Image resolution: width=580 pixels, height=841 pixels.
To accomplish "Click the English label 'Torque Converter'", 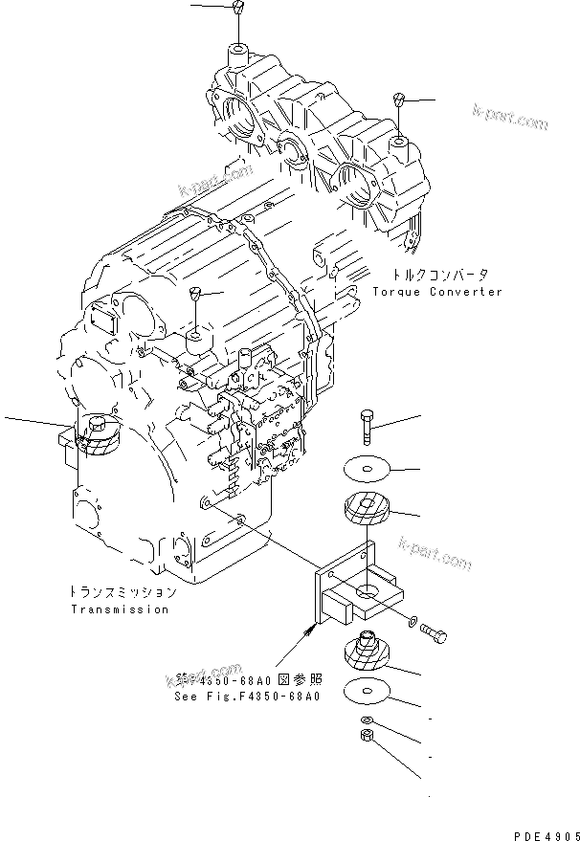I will click(x=437, y=291).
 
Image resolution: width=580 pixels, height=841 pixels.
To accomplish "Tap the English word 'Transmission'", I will click(x=119, y=609).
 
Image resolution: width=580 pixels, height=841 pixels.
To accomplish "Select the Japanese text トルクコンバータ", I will click(x=434, y=273).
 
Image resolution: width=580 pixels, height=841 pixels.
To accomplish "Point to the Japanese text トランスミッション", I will click(x=123, y=592).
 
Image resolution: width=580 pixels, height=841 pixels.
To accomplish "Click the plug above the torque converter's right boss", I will click(x=401, y=100).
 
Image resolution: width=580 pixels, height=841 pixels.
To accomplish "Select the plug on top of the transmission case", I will click(x=194, y=293).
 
